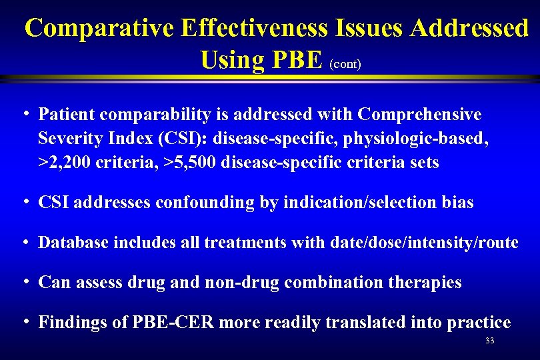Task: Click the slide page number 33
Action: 490,341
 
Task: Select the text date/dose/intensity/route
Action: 424,243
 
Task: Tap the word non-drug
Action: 237,283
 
